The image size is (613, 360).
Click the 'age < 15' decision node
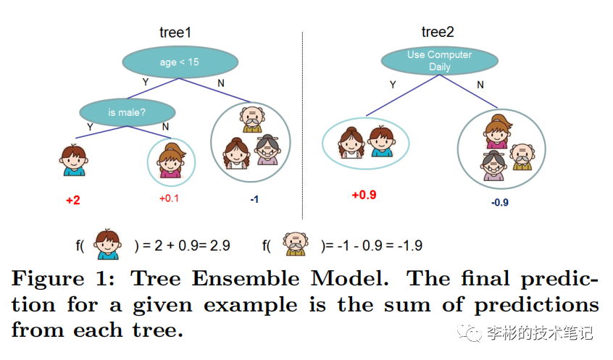click(180, 62)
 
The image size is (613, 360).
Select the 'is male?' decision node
click(127, 112)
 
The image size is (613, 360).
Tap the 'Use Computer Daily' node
click(439, 61)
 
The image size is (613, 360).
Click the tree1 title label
click(175, 33)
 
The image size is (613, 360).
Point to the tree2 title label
click(438, 32)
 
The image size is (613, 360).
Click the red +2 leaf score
click(73, 200)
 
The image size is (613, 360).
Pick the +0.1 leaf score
click(169, 198)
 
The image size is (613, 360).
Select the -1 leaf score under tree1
click(254, 200)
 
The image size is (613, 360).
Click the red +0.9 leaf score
click(364, 195)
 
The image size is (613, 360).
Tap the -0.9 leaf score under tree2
click(500, 203)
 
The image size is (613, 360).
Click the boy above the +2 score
click(73, 160)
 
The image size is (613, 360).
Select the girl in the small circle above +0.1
click(171, 161)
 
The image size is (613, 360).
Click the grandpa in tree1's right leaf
click(252, 120)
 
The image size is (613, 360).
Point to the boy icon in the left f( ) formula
click(107, 244)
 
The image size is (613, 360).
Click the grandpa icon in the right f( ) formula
click(296, 244)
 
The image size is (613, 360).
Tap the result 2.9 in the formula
click(220, 246)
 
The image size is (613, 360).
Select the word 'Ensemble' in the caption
click(246, 279)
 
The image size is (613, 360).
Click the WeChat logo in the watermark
click(469, 332)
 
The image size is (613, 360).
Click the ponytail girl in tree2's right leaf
click(497, 132)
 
